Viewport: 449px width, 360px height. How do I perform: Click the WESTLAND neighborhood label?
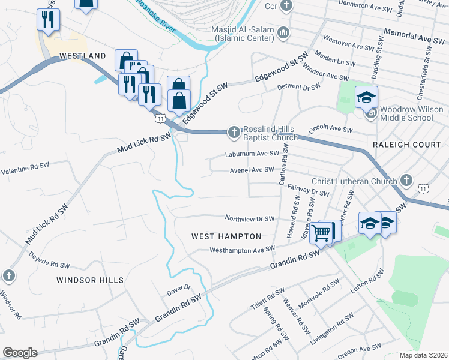[83, 56]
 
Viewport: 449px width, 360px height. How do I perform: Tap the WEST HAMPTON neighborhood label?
[226, 236]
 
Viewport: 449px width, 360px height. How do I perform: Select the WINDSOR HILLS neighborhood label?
[90, 280]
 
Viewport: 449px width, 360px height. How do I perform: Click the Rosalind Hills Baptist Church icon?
[234, 131]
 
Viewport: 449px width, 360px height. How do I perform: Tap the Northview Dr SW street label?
[249, 219]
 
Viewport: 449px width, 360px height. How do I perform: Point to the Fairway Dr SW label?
[309, 190]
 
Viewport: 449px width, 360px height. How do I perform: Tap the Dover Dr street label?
[178, 290]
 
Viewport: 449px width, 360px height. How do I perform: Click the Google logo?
[20, 353]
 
